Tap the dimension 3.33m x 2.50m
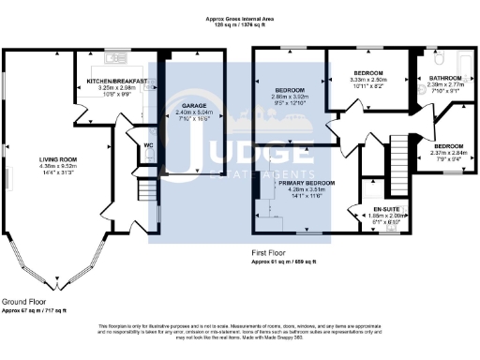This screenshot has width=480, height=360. [368, 80]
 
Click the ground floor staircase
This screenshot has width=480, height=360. [147, 193]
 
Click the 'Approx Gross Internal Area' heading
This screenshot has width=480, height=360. [240, 18]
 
